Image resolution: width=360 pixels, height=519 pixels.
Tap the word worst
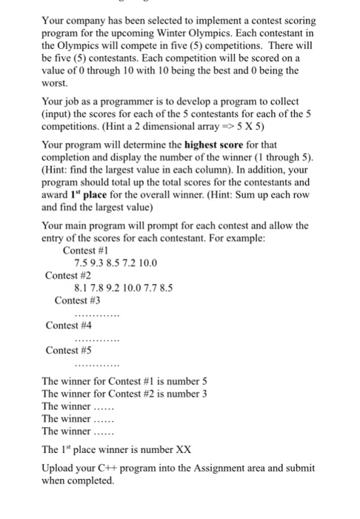(x=54, y=85)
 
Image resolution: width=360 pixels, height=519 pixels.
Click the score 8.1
(x=83, y=288)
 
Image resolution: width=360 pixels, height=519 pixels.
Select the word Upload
(x=58, y=468)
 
